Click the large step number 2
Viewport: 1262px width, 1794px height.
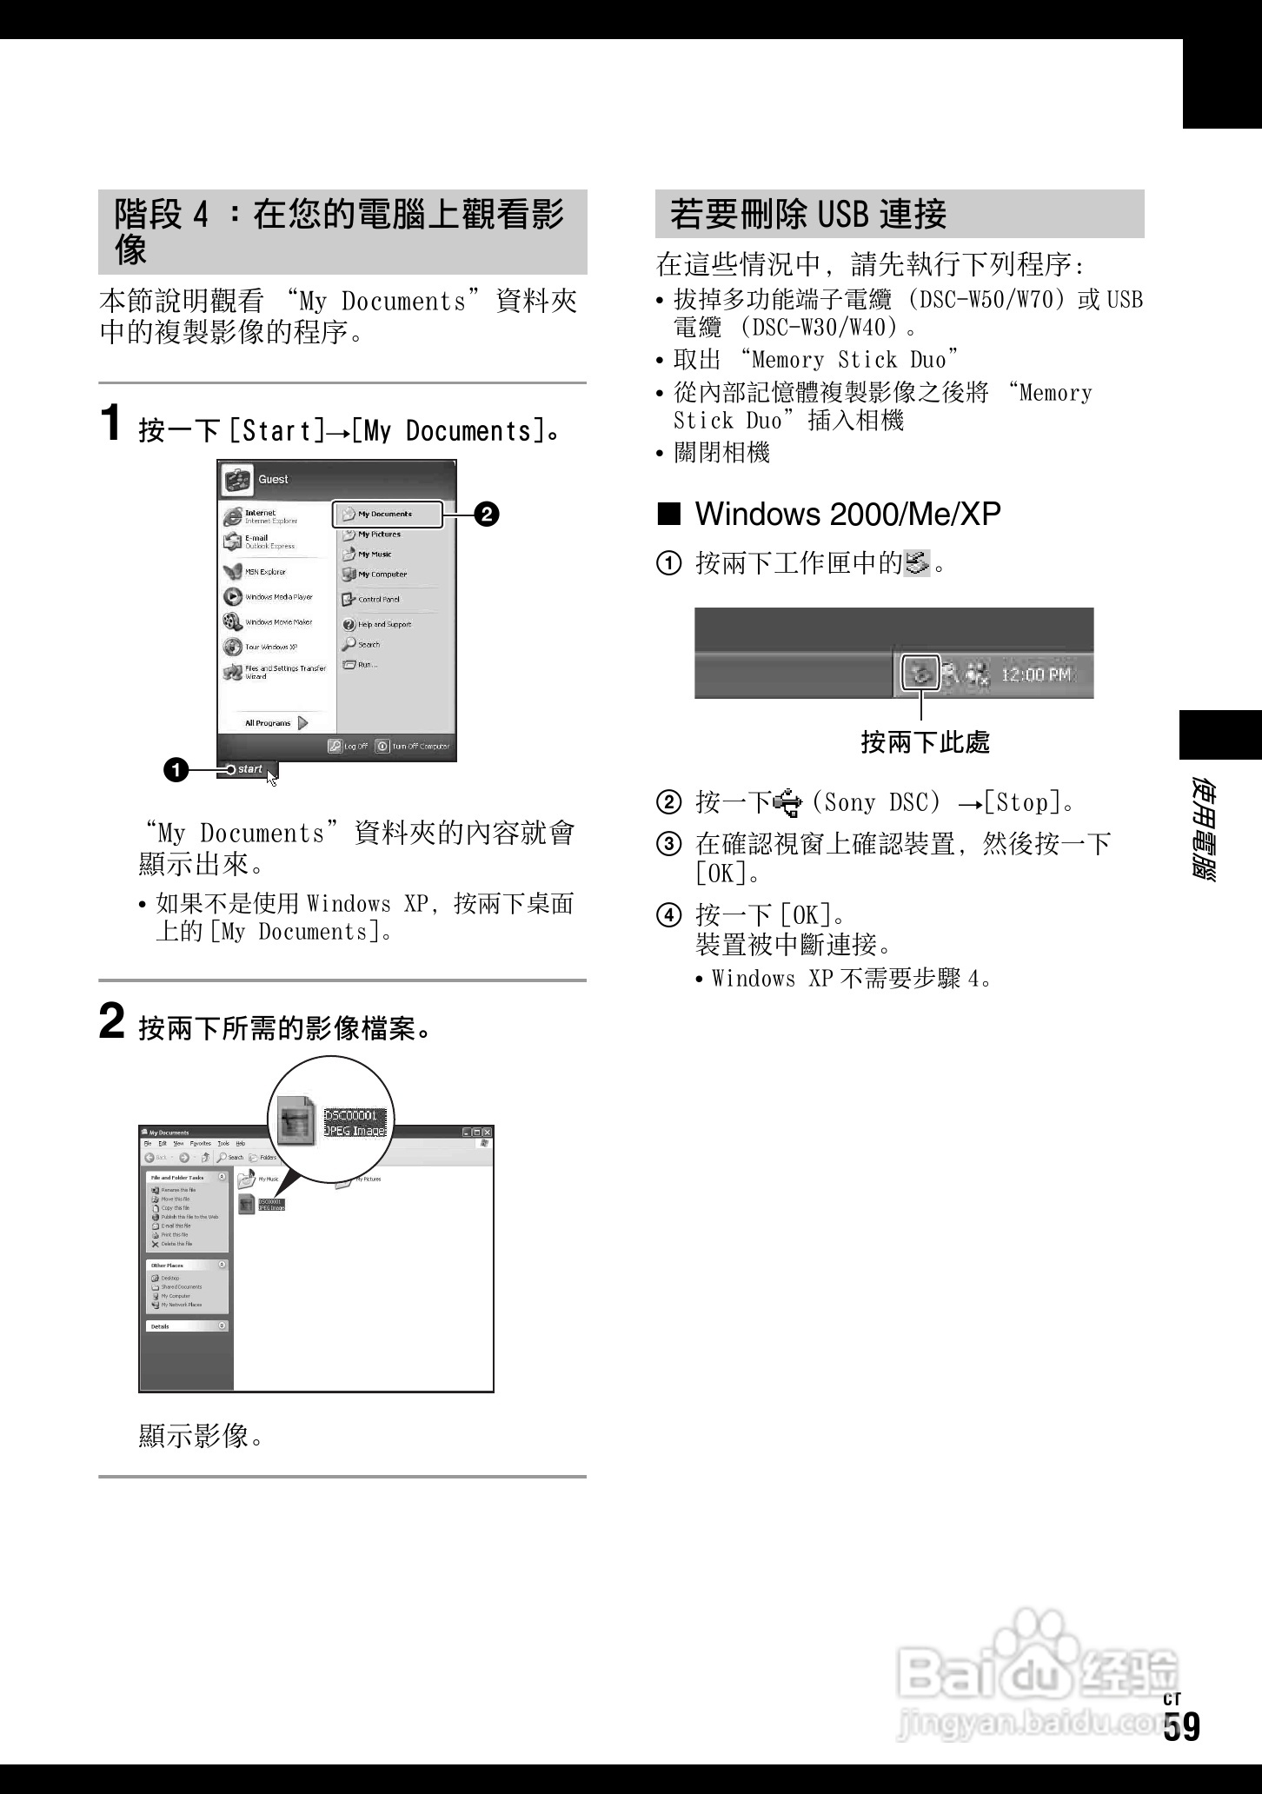coord(111,1020)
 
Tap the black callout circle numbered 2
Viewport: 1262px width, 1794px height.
coord(487,515)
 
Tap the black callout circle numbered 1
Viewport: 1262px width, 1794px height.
coord(175,769)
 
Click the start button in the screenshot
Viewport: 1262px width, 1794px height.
coord(246,769)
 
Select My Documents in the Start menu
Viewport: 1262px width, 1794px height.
coord(386,514)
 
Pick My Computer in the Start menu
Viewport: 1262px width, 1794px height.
coord(382,575)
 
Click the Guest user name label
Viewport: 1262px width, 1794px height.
coord(273,479)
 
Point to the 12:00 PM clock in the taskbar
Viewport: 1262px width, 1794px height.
coord(1037,675)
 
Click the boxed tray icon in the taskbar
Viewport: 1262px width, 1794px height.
coord(920,673)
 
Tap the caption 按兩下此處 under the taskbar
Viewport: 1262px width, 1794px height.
coord(925,742)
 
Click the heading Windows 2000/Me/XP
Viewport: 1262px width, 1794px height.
coord(847,514)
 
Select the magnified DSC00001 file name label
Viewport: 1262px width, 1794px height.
coord(350,1116)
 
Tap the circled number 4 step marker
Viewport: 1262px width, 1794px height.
coord(668,915)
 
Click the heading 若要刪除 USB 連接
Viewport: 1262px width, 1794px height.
coord(808,214)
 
